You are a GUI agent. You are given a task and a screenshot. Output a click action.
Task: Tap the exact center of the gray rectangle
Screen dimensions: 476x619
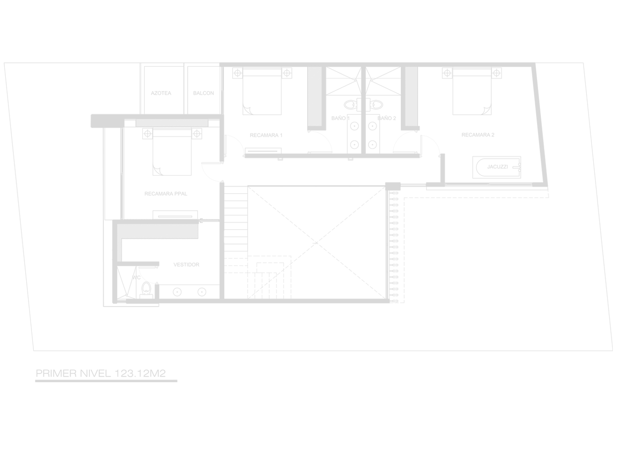[x=308, y=222]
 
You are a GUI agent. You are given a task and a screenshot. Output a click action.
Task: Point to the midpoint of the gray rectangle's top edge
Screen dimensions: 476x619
[x=308, y=62]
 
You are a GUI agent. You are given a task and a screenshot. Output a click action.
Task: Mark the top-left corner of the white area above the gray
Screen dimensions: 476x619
[x=0, y=0]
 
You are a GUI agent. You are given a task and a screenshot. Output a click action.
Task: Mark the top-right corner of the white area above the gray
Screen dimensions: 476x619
[x=618, y=0]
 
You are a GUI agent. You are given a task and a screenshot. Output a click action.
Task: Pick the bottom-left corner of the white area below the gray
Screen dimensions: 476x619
[x=0, y=475]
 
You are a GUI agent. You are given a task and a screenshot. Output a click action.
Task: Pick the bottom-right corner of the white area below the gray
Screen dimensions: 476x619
[x=618, y=475]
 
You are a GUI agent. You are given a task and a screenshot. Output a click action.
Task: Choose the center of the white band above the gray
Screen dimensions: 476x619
[x=309, y=31]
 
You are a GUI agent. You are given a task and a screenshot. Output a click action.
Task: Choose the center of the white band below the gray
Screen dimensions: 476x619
[x=309, y=429]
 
